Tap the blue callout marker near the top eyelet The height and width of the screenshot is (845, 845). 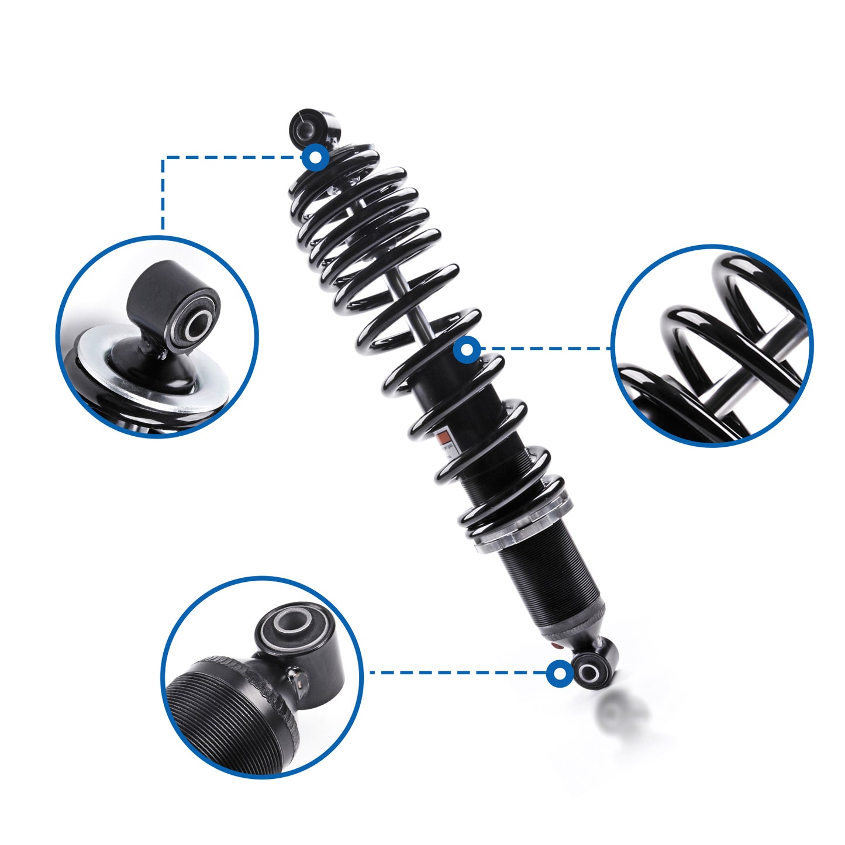(x=316, y=157)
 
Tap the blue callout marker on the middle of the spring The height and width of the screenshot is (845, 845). (x=467, y=350)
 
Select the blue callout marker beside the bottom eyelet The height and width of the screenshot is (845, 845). (x=560, y=673)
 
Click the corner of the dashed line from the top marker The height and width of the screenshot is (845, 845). (x=163, y=157)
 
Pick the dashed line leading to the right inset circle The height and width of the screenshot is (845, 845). (x=544, y=349)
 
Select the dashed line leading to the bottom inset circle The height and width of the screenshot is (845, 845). (x=456, y=672)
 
